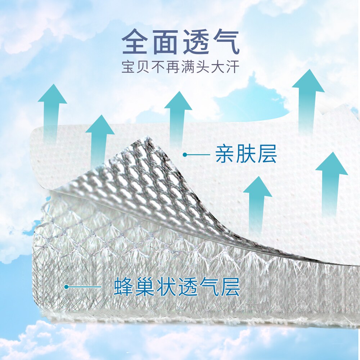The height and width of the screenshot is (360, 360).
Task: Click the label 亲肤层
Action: pos(246,155)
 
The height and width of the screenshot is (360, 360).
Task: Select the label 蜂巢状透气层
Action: pos(177,287)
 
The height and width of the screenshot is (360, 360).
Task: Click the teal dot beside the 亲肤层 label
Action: pos(185,155)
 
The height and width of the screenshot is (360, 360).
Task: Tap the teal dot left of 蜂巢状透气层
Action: pos(66,287)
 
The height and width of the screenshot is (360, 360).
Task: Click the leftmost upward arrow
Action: pos(52,112)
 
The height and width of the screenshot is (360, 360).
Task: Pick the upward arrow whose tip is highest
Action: pos(308,97)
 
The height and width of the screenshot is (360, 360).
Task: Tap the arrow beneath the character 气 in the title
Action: pos(178,115)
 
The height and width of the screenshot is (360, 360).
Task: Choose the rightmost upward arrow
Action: pos(331,184)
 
